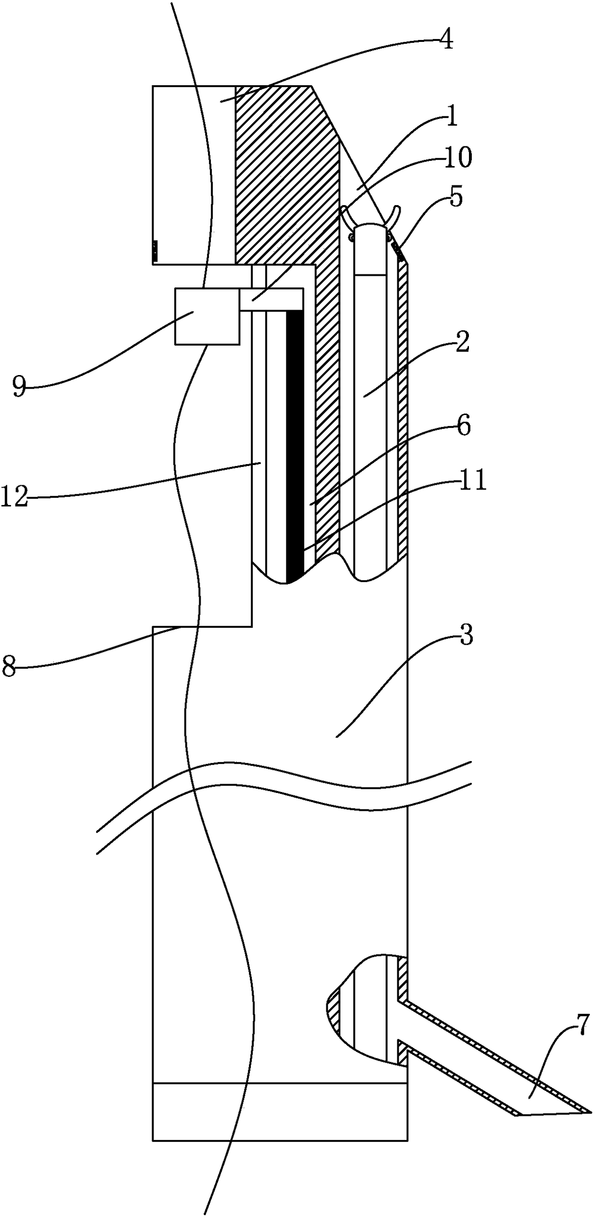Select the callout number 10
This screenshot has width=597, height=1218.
point(457,158)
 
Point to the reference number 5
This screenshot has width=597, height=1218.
point(455,196)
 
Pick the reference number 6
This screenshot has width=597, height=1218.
point(463,427)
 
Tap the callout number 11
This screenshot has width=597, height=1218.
point(473,481)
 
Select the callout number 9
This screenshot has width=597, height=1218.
point(19,387)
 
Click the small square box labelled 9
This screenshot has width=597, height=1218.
point(207,316)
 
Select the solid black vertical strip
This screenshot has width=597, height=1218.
point(295,443)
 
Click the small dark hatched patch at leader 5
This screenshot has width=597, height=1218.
point(397,250)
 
